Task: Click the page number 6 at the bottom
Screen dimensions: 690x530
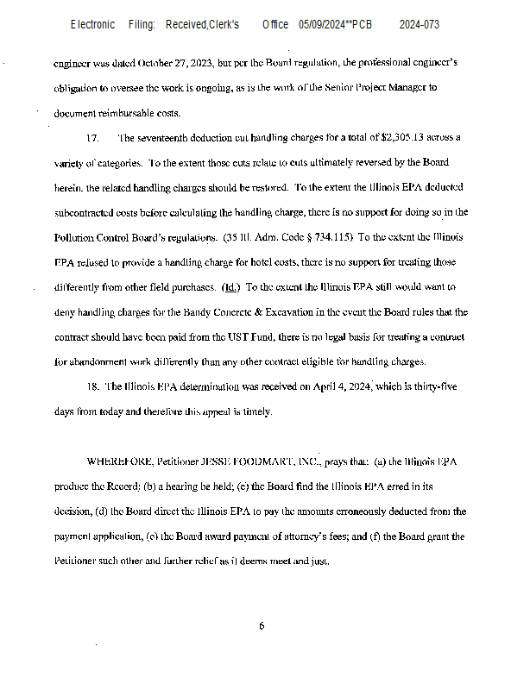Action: [x=262, y=626]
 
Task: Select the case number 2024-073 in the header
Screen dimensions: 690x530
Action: [x=420, y=25]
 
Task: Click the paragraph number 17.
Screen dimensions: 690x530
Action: [x=93, y=138]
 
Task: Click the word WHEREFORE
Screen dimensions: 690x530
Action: [x=120, y=462]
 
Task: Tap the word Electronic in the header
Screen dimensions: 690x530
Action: [x=92, y=25]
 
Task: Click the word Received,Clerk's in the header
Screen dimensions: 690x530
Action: [x=203, y=25]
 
